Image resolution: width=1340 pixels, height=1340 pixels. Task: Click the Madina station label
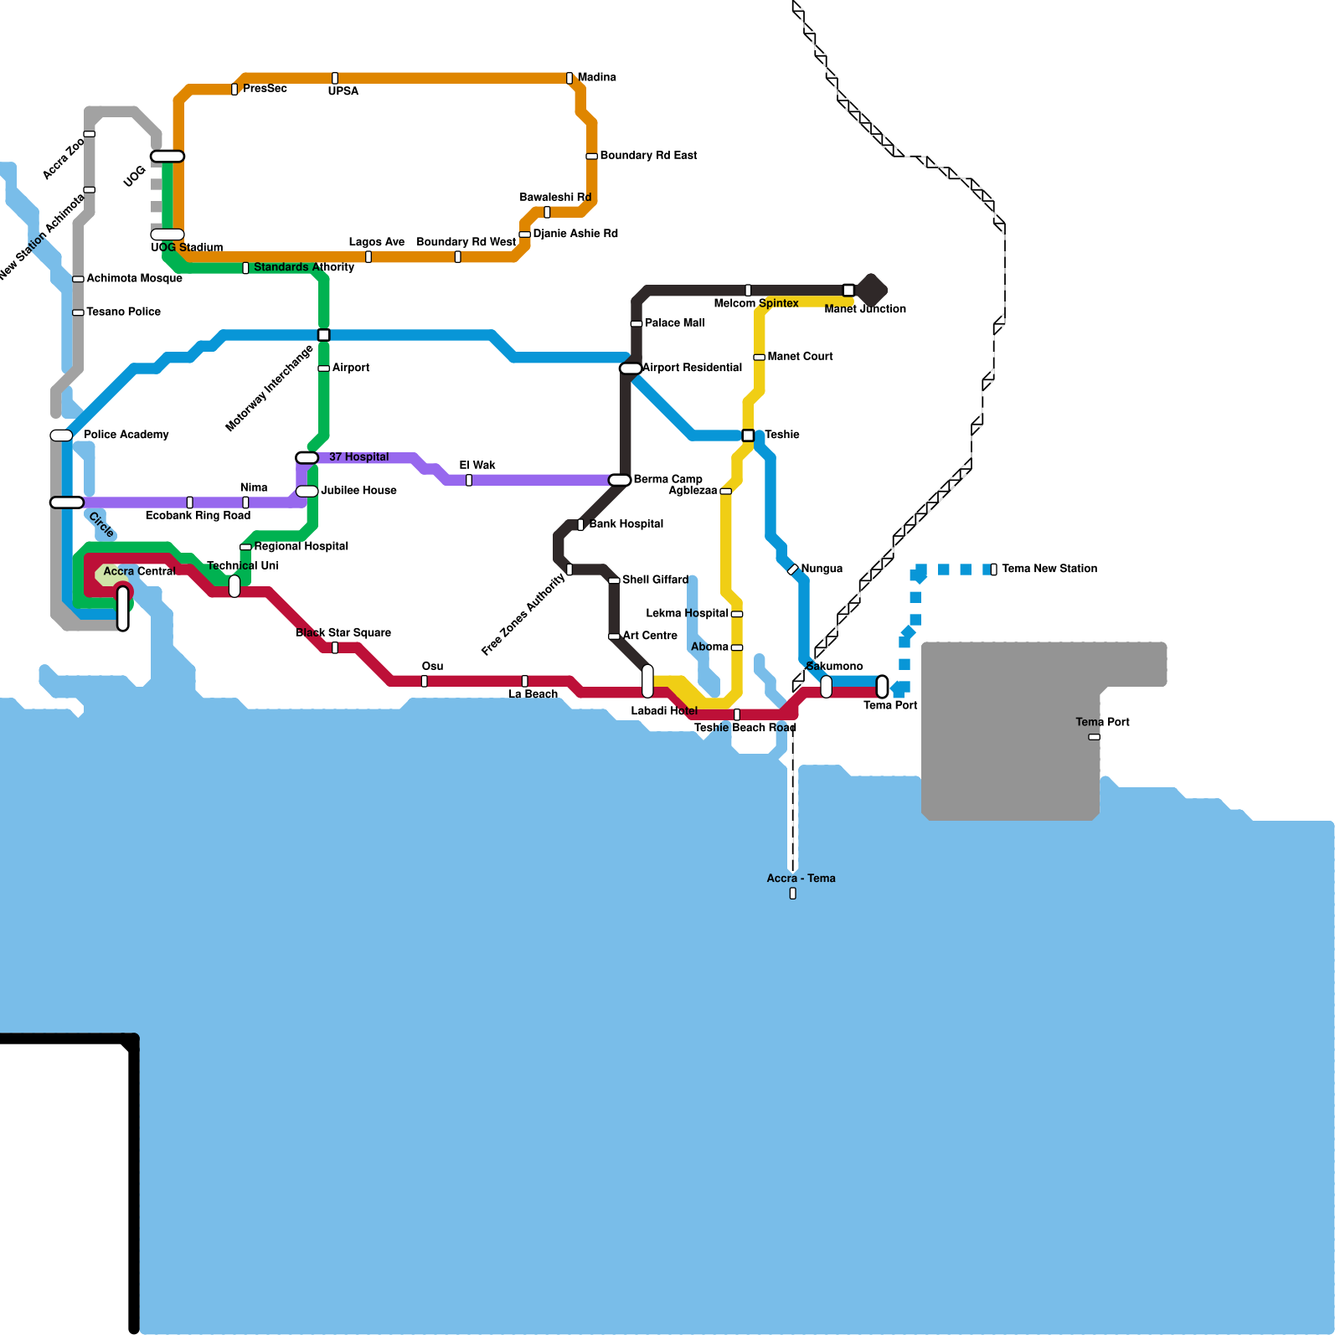596,77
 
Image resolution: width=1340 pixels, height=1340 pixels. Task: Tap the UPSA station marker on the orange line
335,78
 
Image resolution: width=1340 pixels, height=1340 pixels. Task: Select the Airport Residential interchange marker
631,368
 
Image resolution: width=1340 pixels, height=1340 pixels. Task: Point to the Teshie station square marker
748,435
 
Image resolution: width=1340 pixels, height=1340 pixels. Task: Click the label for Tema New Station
1049,569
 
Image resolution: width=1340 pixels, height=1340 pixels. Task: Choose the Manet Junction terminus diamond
871,290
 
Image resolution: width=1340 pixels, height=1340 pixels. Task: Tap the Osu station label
432,666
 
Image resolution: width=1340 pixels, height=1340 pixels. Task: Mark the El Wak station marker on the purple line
469,480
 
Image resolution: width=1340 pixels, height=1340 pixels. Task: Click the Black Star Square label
343,632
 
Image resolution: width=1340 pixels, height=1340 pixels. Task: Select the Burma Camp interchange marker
620,480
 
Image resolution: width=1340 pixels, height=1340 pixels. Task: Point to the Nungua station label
822,569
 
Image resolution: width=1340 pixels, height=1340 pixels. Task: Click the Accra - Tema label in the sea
801,879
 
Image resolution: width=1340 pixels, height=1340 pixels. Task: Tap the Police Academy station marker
61,435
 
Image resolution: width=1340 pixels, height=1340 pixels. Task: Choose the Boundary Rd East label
648,155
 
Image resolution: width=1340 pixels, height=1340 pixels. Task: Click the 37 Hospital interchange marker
307,457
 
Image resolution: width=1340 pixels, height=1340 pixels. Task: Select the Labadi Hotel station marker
647,681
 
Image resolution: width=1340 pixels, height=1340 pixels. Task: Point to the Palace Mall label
674,322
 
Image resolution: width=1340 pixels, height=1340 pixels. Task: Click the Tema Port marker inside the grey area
1094,737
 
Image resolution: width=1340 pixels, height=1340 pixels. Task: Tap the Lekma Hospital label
687,613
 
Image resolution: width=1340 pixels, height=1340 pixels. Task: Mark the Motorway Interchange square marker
323,335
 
